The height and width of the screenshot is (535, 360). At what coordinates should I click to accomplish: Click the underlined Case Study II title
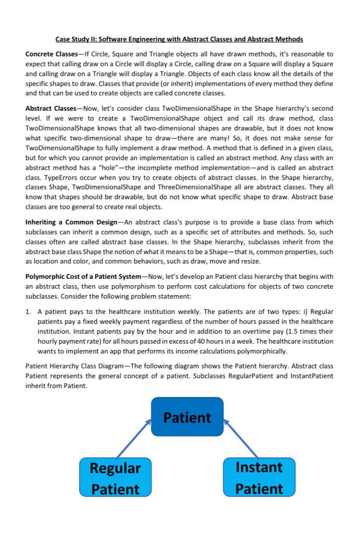179,39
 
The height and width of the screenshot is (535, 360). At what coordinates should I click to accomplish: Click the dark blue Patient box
187,417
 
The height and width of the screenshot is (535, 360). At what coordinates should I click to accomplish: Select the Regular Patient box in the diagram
115,477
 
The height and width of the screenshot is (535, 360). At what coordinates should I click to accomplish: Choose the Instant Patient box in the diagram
259,477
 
